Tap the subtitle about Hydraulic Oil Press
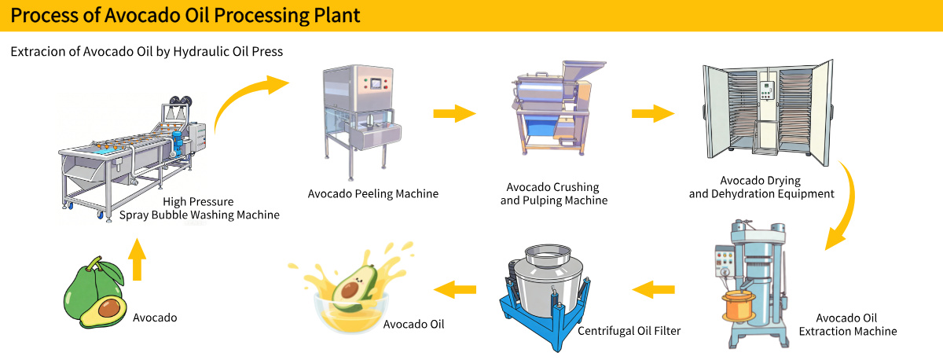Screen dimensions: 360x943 click(x=147, y=52)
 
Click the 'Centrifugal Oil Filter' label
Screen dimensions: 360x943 click(x=629, y=331)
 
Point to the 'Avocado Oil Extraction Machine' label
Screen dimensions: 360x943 click(x=847, y=325)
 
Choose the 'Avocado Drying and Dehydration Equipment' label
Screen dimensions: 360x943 click(x=761, y=187)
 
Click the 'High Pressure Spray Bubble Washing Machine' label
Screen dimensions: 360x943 click(x=204, y=208)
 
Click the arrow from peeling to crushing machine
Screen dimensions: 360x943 click(x=454, y=114)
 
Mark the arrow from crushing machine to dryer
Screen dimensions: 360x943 click(x=652, y=114)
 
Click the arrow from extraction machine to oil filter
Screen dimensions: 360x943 click(x=654, y=291)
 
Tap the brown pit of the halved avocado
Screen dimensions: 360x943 click(x=109, y=305)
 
